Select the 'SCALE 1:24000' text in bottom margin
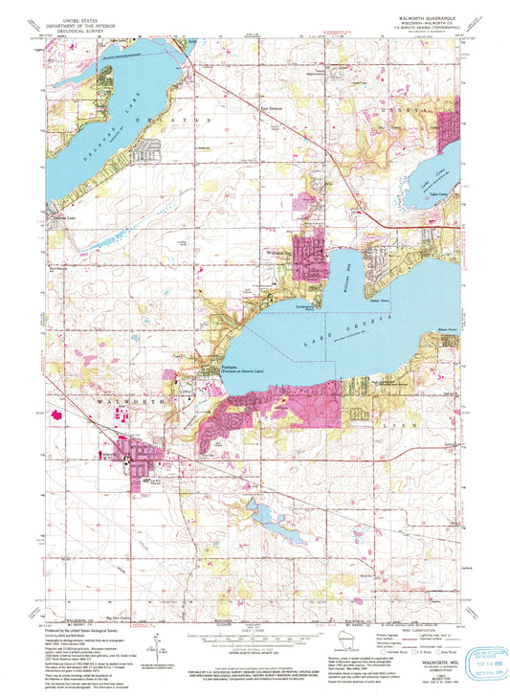point(255,632)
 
